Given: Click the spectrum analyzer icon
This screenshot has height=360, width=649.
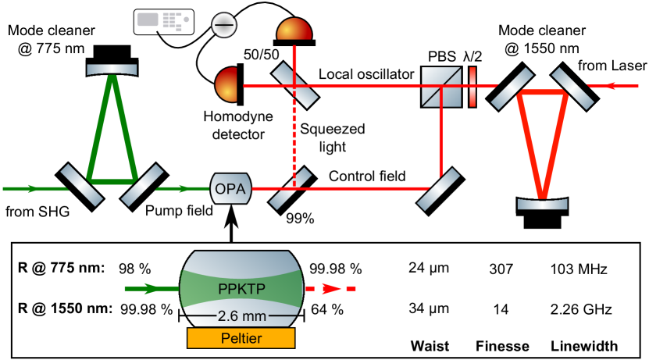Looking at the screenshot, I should pyautogui.click(x=164, y=22).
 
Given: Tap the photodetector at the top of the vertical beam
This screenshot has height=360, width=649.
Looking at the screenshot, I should pyautogui.click(x=294, y=30).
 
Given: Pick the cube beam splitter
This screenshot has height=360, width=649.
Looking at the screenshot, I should pyautogui.click(x=441, y=86).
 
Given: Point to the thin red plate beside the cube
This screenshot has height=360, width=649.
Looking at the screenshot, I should pyautogui.click(x=472, y=86).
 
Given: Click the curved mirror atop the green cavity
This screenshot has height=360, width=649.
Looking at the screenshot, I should pyautogui.click(x=112, y=69).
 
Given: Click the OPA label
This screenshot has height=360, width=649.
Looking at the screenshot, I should pyautogui.click(x=230, y=189).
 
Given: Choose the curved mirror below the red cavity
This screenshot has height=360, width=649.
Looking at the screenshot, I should pyautogui.click(x=542, y=204).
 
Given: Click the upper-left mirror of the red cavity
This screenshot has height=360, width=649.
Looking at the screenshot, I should pyautogui.click(x=512, y=88).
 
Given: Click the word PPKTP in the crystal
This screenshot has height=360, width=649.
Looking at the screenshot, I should pyautogui.click(x=241, y=288).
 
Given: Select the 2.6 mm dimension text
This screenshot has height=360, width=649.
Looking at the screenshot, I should pyautogui.click(x=241, y=316).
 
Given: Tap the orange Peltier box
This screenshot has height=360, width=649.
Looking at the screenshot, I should pyautogui.click(x=241, y=337).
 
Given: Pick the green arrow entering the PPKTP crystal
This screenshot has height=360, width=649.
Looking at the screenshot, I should pyautogui.click(x=152, y=289).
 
